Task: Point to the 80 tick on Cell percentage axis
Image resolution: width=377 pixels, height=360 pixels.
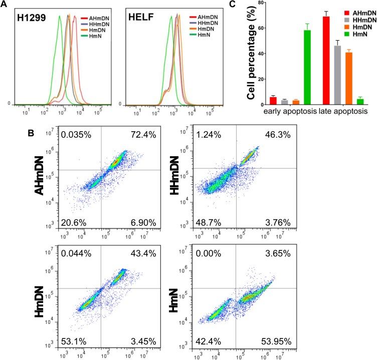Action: pyautogui.click(x=260, y=3)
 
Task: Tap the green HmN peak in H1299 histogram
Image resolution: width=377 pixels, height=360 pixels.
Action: pyautogui.click(x=60, y=18)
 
